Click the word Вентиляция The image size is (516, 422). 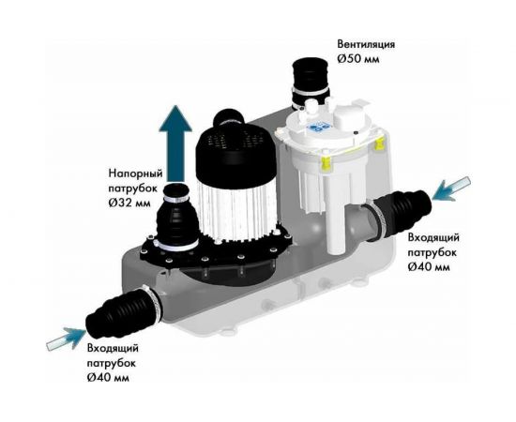click(x=366, y=44)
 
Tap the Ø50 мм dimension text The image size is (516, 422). click(x=358, y=59)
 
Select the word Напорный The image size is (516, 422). click(x=136, y=173)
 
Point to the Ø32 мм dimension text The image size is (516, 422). click(x=129, y=203)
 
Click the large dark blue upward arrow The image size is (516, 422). click(x=175, y=143)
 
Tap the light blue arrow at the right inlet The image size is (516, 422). click(x=451, y=189)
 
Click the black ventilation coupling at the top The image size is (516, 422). click(x=310, y=82)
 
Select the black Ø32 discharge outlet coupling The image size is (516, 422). click(x=177, y=217)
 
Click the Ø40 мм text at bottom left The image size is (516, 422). click(x=108, y=378)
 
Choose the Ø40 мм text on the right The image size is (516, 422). click(x=429, y=266)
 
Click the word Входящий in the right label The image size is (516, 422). click(x=433, y=237)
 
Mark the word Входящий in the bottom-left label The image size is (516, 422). click(x=113, y=348)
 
